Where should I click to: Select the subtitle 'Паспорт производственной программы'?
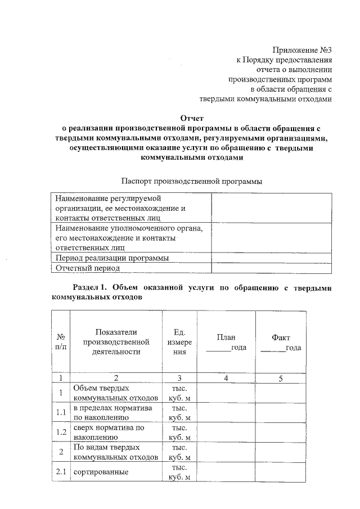point(192,181)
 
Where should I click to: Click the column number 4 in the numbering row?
point(226,378)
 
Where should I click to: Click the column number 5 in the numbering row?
point(281,378)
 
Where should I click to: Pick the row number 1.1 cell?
point(60,413)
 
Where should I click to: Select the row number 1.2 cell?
point(60,433)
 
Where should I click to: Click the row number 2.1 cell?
point(60,472)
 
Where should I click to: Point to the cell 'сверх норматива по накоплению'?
point(109,433)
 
